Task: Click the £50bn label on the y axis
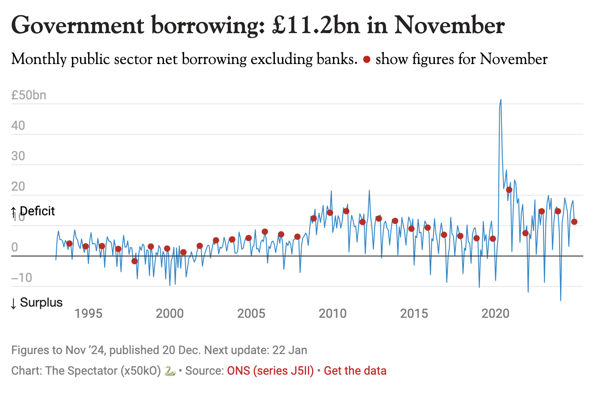[x=29, y=95]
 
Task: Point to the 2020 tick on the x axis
[x=497, y=313]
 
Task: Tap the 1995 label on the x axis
[x=88, y=313]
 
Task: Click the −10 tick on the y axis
[x=23, y=278]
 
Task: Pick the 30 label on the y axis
[x=19, y=157]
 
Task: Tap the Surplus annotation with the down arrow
[x=36, y=303]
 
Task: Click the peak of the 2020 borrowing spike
[x=501, y=99]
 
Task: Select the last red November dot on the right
[x=574, y=222]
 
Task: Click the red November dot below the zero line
[x=135, y=261]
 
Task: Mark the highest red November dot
[x=509, y=190]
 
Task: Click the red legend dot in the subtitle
[x=366, y=60]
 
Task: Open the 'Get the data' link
[x=355, y=371]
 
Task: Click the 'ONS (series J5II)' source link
[x=273, y=371]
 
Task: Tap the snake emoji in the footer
[x=169, y=371]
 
